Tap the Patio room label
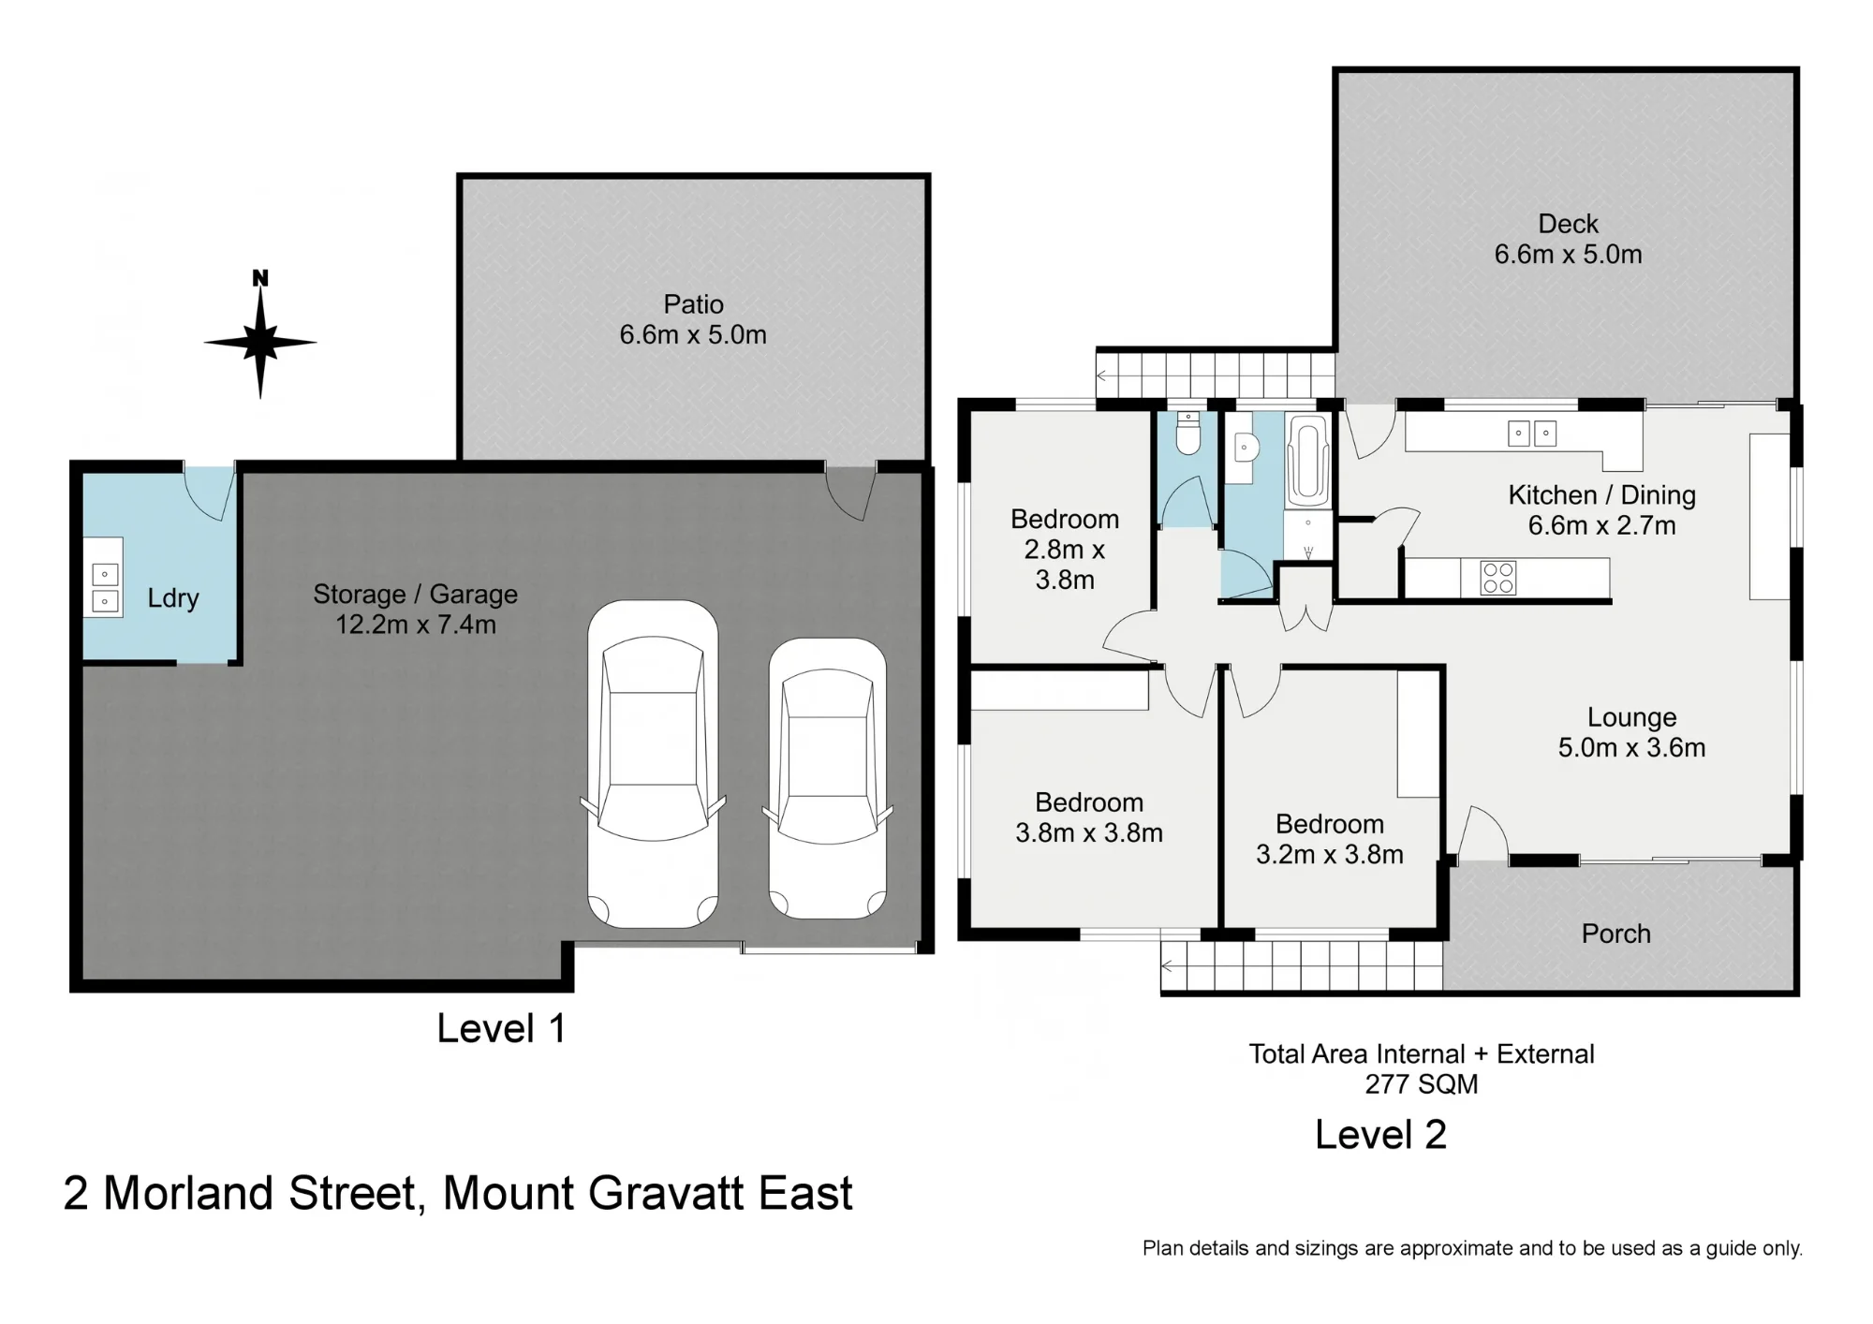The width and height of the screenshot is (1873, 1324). pos(693,304)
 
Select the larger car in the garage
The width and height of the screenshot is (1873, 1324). pos(653,764)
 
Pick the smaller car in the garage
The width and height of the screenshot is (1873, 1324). pos(828,778)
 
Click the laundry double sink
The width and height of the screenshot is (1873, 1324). pos(105,588)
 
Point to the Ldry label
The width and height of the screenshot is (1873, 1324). pos(173,597)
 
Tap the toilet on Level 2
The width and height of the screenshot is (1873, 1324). pos(1188,435)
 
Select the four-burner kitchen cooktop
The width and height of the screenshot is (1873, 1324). pos(1497,578)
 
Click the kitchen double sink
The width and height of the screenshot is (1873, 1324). pos(1532,434)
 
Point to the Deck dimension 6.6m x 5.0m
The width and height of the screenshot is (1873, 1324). pos(1568,254)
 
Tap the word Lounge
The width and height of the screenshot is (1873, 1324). pos(1631,717)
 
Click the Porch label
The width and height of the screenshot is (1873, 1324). pos(1615,934)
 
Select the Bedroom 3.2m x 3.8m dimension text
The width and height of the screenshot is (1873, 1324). pos(1329,854)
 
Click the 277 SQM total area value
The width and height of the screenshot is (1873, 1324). pos(1421,1084)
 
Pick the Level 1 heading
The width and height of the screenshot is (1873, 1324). pos(501,1028)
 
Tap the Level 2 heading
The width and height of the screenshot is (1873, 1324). pos(1380,1135)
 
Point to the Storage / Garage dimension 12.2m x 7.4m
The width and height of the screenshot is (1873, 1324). pos(416,625)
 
